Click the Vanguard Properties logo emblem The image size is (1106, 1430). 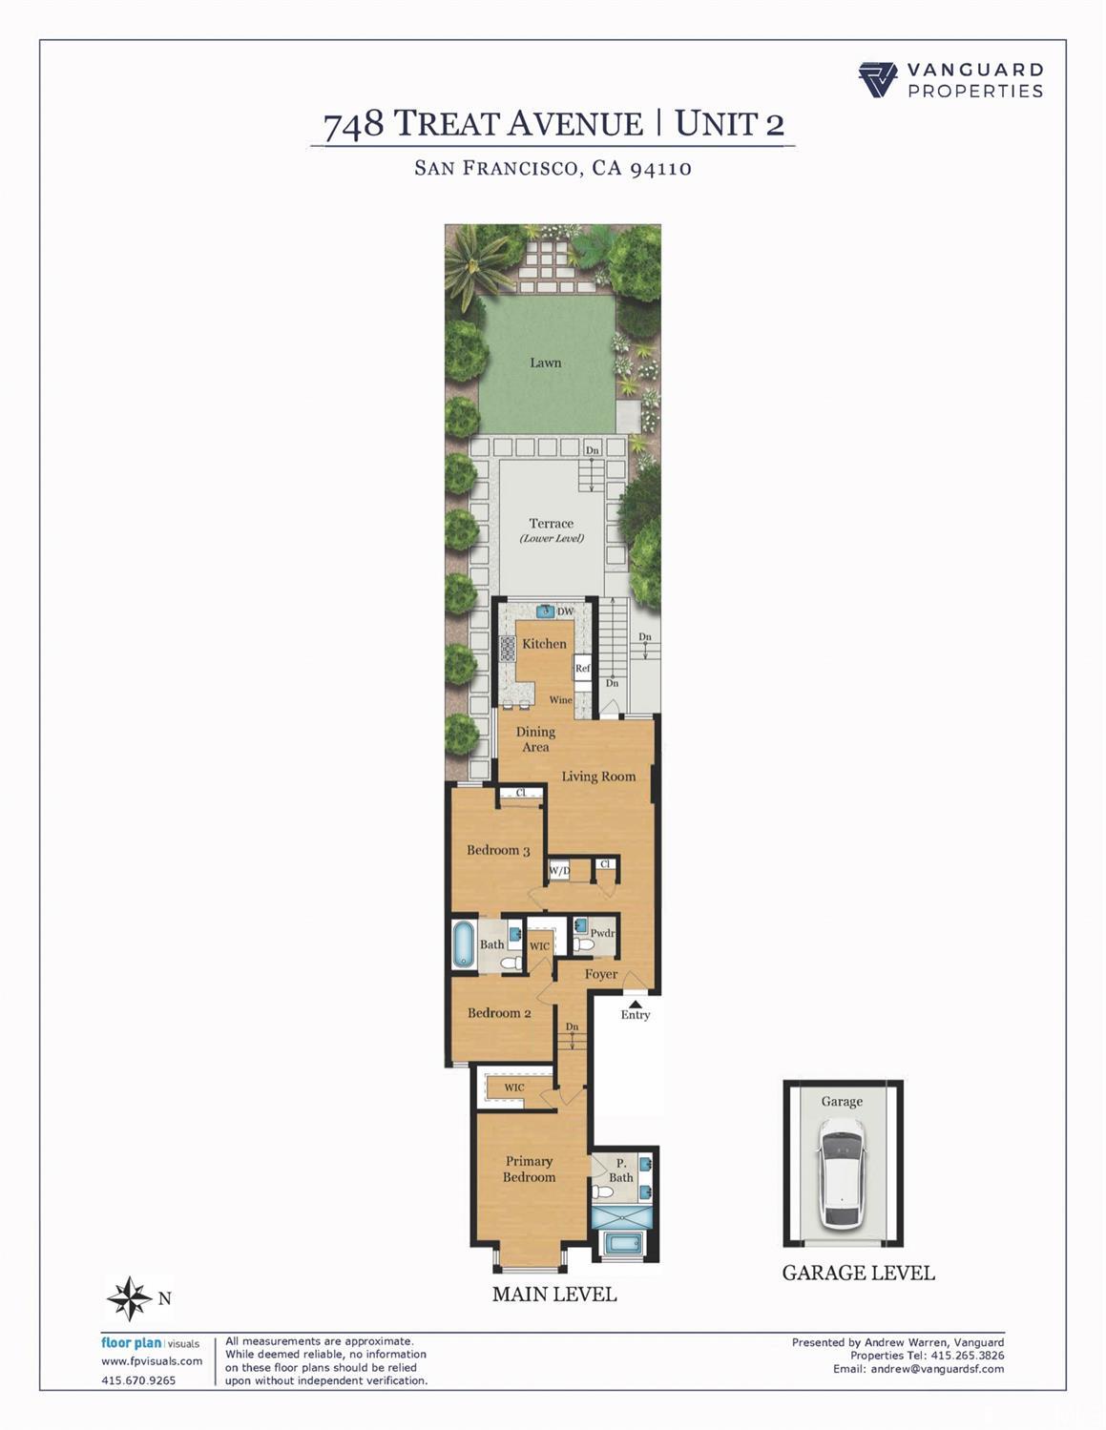tap(878, 80)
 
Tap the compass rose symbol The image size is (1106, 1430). tap(129, 1298)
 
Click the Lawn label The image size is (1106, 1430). tap(546, 363)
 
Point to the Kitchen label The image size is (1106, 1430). tap(544, 644)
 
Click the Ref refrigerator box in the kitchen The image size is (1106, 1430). tap(583, 668)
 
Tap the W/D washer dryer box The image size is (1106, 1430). tap(559, 870)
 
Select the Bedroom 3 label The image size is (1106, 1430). tap(498, 850)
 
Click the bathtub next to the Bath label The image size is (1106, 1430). tap(464, 944)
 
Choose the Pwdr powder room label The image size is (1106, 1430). tap(602, 933)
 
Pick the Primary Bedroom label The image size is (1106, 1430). tap(530, 1169)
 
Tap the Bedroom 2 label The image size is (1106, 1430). tap(499, 1013)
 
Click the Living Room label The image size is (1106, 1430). tap(598, 777)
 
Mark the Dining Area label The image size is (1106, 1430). tap(535, 739)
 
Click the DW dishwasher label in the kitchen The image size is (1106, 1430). tap(566, 611)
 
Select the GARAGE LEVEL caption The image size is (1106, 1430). tap(858, 1273)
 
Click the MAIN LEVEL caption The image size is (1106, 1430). tap(554, 1295)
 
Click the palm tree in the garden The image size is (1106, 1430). tap(474, 262)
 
